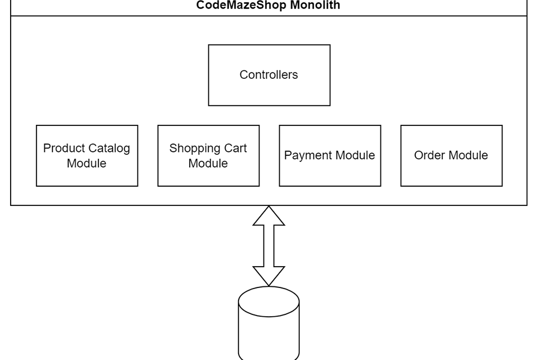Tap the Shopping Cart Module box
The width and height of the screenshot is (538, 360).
point(208,155)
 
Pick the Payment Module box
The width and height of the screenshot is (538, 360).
point(330,155)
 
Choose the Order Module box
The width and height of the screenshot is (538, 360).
point(451,155)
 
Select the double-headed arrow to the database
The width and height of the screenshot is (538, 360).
point(269,246)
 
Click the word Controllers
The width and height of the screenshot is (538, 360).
point(269,75)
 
